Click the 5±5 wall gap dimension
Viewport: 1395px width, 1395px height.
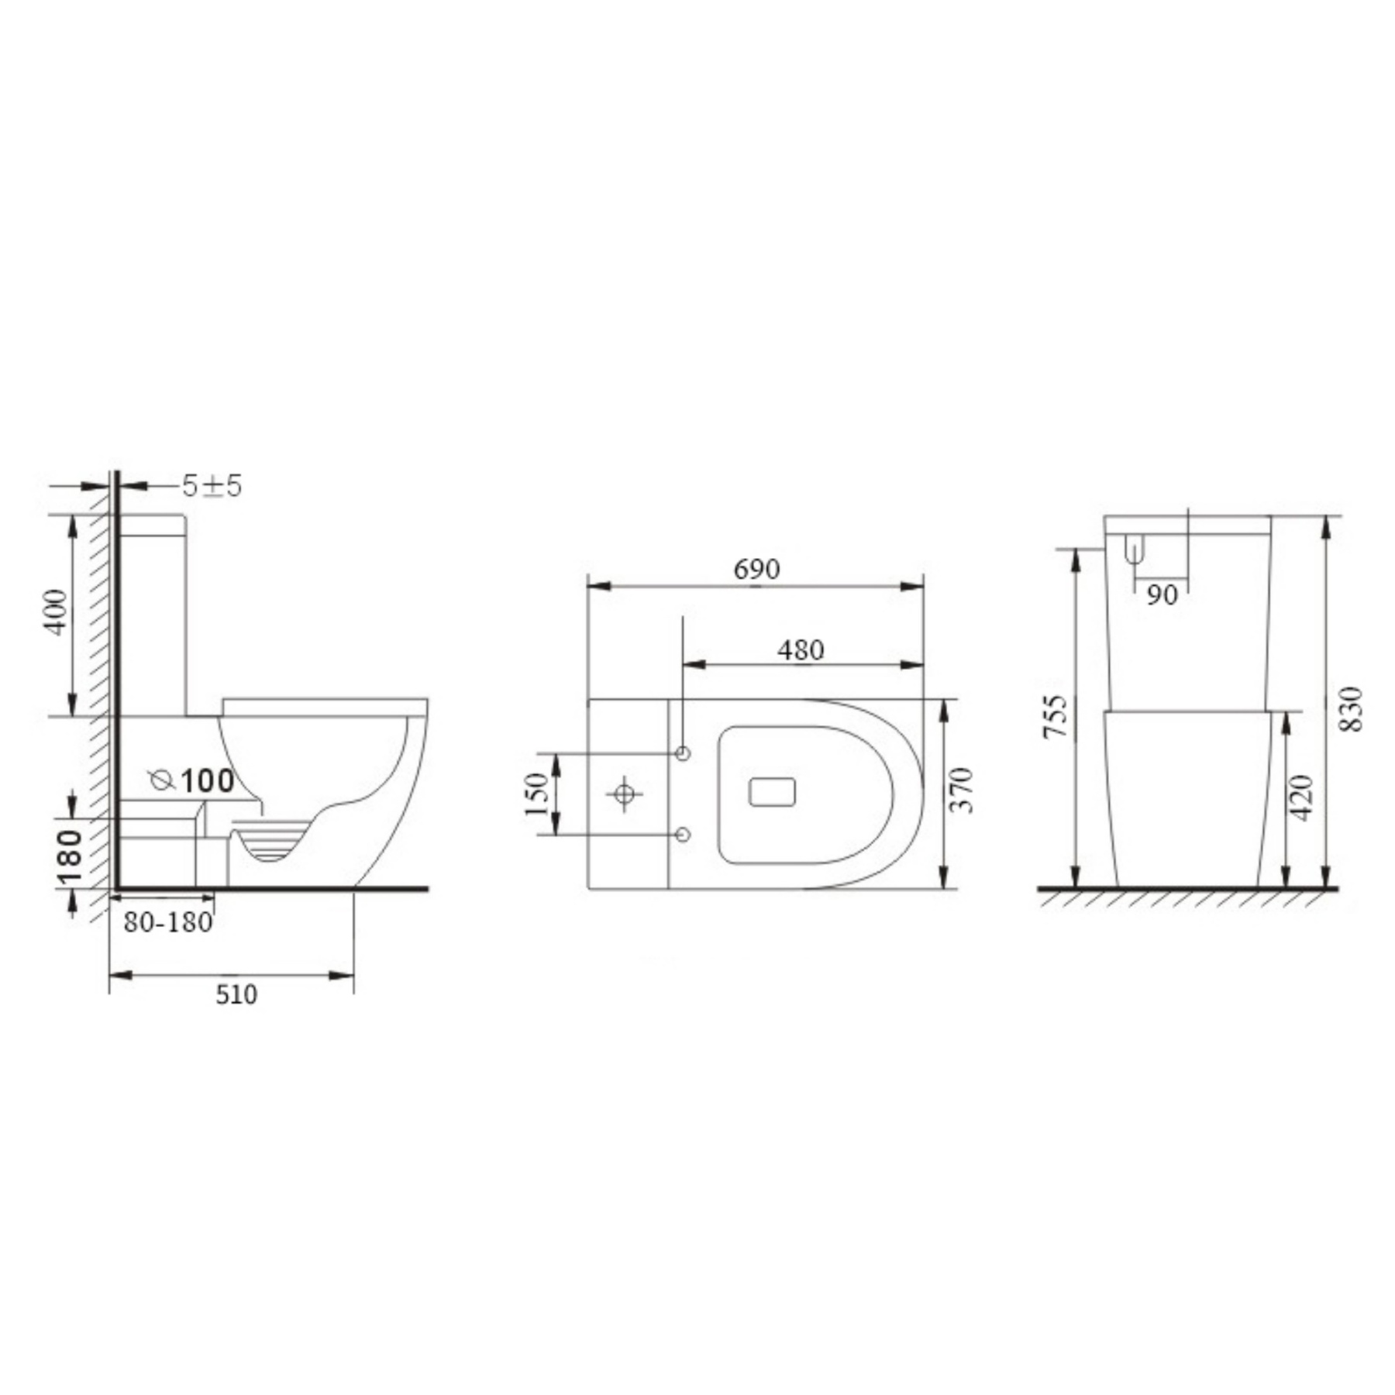pyautogui.click(x=212, y=486)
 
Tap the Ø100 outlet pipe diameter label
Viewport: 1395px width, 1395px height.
pyautogui.click(x=193, y=780)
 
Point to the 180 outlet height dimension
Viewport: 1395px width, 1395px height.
pyautogui.click(x=71, y=859)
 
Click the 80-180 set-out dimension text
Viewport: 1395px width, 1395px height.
pyautogui.click(x=167, y=922)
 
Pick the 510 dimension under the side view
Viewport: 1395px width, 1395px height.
pyautogui.click(x=236, y=994)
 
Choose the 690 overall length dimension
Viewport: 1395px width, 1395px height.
pyautogui.click(x=756, y=570)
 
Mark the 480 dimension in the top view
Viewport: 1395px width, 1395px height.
pyautogui.click(x=801, y=650)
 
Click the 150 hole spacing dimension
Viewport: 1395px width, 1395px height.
pyautogui.click(x=536, y=794)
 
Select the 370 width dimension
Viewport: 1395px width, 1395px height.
pyautogui.click(x=962, y=790)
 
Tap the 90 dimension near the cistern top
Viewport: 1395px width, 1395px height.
pyautogui.click(x=1162, y=595)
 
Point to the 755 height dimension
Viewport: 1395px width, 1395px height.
pyautogui.click(x=1056, y=717)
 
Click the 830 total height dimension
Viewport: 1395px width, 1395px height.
pyautogui.click(x=1351, y=708)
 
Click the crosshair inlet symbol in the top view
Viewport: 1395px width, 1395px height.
pyautogui.click(x=624, y=794)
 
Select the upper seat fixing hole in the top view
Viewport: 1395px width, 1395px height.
pyautogui.click(x=683, y=753)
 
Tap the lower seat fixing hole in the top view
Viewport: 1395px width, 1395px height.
pyautogui.click(x=683, y=835)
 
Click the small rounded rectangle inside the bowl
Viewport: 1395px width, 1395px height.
pyautogui.click(x=773, y=793)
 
